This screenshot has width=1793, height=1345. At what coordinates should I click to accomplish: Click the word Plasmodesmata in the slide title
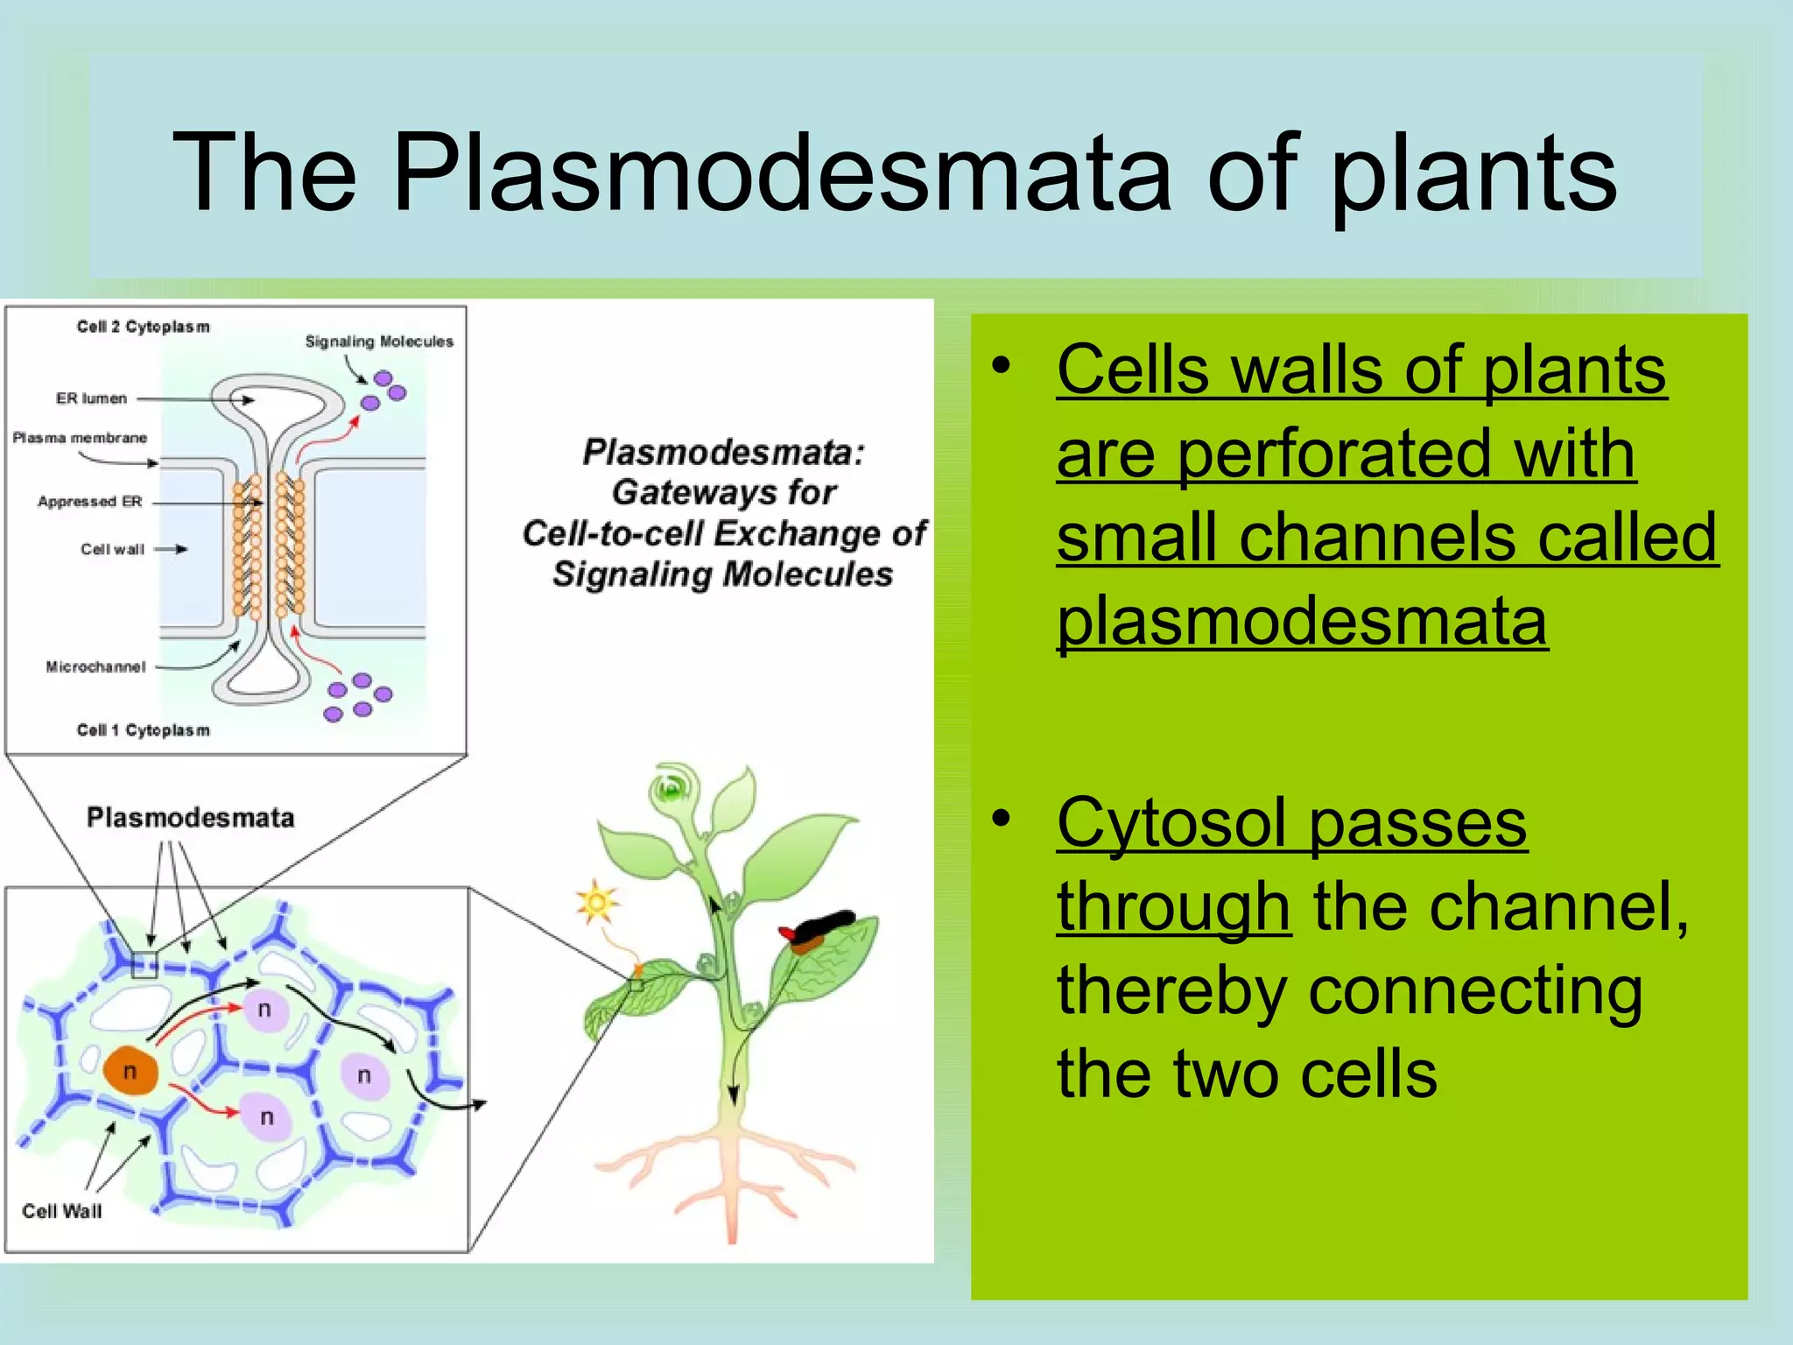782,172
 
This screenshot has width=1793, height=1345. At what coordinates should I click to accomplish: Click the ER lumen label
91,398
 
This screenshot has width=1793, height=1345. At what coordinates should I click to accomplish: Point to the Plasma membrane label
80,438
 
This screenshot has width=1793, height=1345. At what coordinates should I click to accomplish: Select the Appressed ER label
89,502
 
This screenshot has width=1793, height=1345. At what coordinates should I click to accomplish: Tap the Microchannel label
95,667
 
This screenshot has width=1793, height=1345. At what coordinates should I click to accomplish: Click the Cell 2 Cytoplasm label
143,327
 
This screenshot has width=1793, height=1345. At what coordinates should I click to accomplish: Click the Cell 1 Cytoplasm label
143,730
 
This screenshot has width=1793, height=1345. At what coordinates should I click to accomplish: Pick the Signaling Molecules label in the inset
379,342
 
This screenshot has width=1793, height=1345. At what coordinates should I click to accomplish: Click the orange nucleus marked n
130,1070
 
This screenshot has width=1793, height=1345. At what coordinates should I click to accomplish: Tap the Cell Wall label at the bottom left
61,1211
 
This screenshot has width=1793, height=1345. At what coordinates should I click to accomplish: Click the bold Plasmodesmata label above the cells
190,818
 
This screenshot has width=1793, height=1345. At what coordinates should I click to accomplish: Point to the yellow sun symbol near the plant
597,902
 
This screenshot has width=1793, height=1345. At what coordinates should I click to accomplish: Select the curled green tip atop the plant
671,790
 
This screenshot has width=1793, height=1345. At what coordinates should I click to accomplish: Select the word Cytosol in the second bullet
1173,823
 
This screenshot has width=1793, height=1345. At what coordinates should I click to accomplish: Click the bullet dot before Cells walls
1001,365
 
